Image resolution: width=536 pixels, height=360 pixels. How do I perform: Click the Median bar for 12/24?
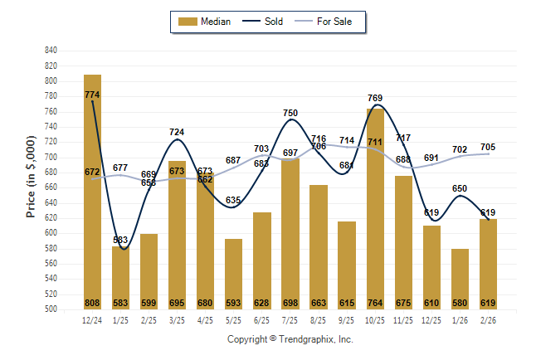tap(92, 191)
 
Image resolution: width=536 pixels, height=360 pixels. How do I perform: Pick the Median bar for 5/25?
tap(233, 274)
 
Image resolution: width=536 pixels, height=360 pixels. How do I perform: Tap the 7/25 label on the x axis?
tap(290, 320)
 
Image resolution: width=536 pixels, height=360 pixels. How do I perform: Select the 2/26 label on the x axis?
tap(487, 320)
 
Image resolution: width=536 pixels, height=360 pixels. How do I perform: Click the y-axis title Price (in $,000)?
tap(31, 179)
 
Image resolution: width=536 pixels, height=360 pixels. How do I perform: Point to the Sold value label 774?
tap(92, 95)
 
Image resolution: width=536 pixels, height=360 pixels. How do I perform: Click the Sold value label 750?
tap(290, 114)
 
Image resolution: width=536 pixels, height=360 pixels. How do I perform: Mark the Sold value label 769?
tap(375, 99)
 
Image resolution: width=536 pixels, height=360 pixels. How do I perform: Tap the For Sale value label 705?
tap(487, 148)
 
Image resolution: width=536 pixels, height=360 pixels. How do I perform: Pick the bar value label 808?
tap(92, 303)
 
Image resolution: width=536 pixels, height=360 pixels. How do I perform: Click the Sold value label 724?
tap(177, 133)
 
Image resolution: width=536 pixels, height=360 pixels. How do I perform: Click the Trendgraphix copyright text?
tap(290, 339)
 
